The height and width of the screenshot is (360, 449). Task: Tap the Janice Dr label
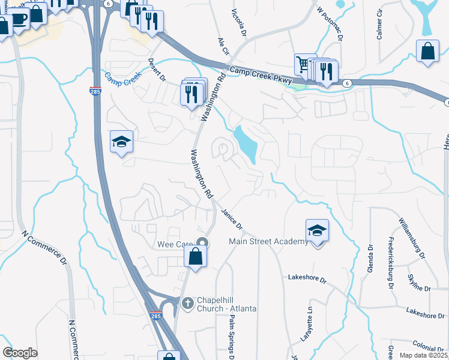[231, 219]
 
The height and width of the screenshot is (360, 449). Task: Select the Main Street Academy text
[268, 242]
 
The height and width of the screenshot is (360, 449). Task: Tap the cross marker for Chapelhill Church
[187, 304]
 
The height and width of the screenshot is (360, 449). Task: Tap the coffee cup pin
[19, 19]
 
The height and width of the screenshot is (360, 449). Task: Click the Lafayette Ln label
[310, 322]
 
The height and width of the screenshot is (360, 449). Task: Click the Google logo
[20, 353]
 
